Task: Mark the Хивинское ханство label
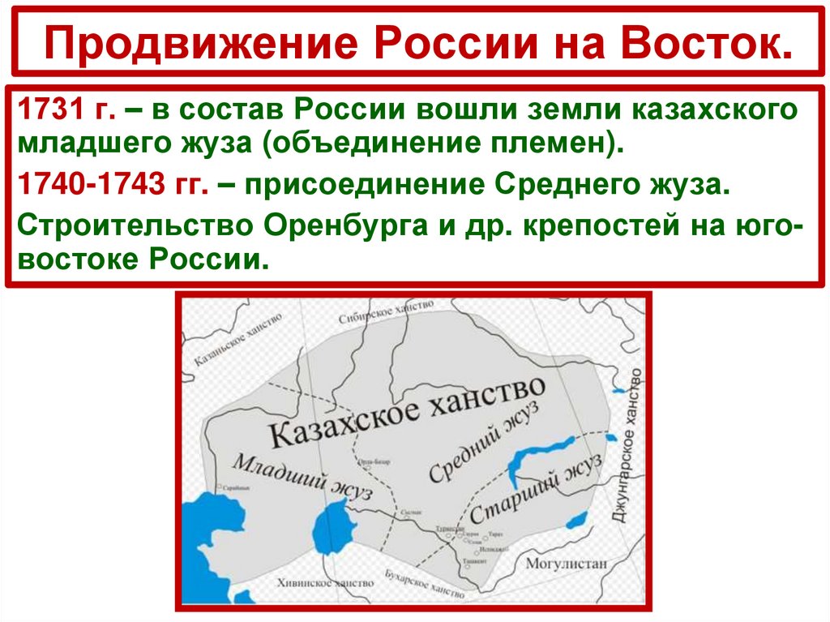[x=323, y=582]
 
